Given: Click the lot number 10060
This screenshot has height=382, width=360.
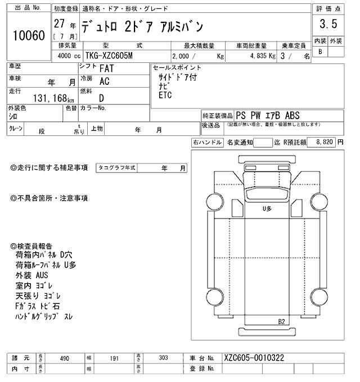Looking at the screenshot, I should click(x=28, y=36).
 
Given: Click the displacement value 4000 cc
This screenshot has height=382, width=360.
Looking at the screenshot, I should click(x=66, y=57).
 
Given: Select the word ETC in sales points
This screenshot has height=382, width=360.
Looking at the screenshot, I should click(x=165, y=96).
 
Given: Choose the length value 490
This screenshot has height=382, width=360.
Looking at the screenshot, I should click(x=64, y=357).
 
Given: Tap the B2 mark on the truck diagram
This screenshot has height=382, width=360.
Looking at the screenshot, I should click(x=282, y=321).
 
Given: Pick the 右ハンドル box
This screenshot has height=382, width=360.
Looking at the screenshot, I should click(x=206, y=143).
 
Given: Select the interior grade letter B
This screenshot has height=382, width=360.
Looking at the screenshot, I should click(x=321, y=52).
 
